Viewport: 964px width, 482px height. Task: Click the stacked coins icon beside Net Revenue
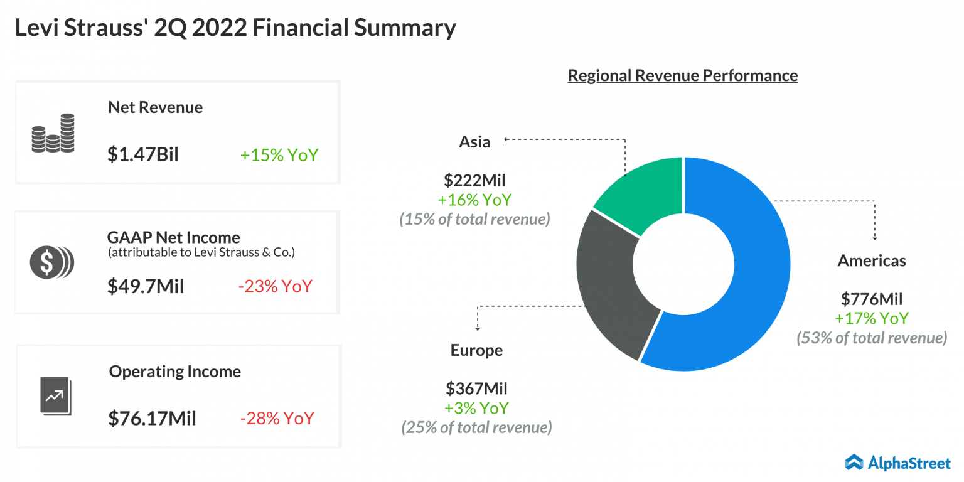coord(53,133)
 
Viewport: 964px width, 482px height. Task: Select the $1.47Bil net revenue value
coord(143,154)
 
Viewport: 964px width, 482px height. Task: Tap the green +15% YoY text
coord(279,154)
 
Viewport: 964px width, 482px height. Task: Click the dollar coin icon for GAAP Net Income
coord(51,262)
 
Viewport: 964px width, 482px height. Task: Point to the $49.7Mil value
coord(146,286)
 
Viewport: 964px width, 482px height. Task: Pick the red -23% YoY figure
coord(275,286)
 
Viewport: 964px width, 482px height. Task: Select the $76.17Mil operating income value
coord(152,418)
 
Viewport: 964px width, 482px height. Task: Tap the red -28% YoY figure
coord(277,418)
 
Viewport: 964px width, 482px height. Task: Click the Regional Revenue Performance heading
coord(683,76)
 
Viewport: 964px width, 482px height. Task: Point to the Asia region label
coord(474,142)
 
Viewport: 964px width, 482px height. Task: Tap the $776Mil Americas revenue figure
coord(872,298)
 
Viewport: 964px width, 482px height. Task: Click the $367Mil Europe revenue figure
coord(476,388)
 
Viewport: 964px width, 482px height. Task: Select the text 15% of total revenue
coord(475,219)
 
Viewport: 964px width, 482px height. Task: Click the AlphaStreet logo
coord(897,463)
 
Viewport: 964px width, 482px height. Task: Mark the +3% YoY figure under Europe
coord(476,408)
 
